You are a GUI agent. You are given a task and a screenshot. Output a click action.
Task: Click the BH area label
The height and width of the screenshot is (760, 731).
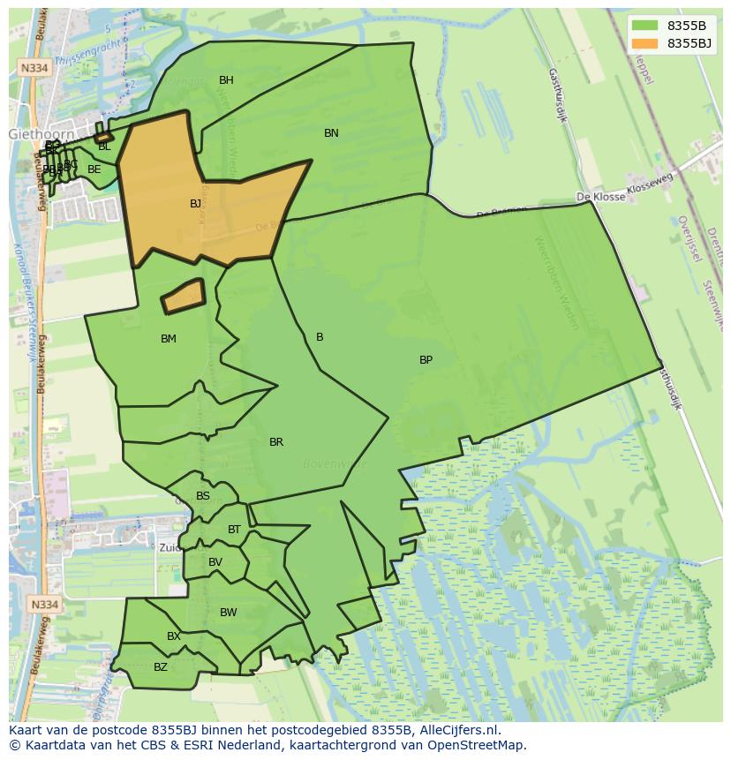(x=226, y=80)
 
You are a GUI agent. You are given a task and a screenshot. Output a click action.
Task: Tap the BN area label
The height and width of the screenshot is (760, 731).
(x=331, y=133)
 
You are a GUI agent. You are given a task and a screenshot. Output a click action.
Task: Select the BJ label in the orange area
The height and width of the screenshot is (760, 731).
(x=195, y=204)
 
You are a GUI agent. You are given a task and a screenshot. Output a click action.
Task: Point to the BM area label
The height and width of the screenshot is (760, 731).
(x=169, y=339)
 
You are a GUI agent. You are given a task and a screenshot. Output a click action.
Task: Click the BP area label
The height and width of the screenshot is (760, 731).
(x=426, y=360)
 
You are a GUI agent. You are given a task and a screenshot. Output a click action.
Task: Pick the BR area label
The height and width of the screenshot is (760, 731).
(x=276, y=442)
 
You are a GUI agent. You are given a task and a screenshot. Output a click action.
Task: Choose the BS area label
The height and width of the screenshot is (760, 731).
(x=203, y=496)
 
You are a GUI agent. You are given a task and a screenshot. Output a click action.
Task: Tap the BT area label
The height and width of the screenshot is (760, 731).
(x=234, y=530)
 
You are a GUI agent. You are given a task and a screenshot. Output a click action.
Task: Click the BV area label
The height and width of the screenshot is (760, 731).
(x=215, y=562)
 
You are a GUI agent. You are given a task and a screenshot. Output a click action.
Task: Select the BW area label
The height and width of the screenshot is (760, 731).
(x=228, y=613)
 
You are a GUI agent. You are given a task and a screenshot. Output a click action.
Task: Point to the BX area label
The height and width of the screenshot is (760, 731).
(x=174, y=636)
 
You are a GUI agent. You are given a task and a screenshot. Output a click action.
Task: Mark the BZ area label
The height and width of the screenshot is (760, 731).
(x=160, y=667)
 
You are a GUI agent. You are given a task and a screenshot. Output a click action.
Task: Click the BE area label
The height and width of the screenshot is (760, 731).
(x=94, y=169)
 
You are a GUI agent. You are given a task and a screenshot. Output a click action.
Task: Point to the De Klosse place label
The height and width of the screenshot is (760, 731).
(x=600, y=197)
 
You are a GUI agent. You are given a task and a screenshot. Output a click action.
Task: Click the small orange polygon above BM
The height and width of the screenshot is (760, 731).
(x=183, y=297)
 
